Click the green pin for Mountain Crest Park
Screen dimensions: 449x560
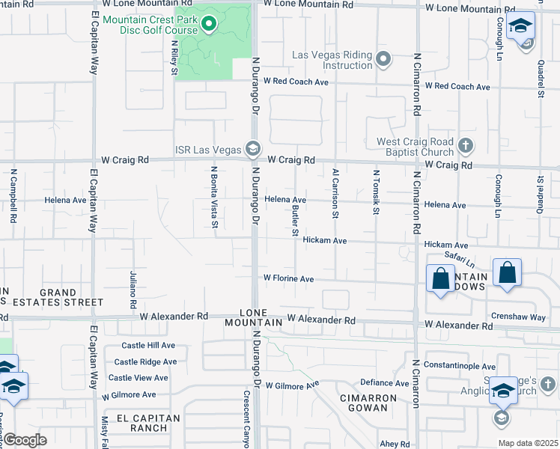[209, 25]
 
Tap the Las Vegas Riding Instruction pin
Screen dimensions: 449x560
[384, 58]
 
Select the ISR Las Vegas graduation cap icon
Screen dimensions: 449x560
[252, 150]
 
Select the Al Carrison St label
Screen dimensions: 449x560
[336, 194]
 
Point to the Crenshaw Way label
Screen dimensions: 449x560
[517, 317]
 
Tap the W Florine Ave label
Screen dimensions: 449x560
[287, 278]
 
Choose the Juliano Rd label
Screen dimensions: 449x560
[133, 290]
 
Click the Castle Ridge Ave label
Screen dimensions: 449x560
[145, 361]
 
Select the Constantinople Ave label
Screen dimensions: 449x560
[459, 366]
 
